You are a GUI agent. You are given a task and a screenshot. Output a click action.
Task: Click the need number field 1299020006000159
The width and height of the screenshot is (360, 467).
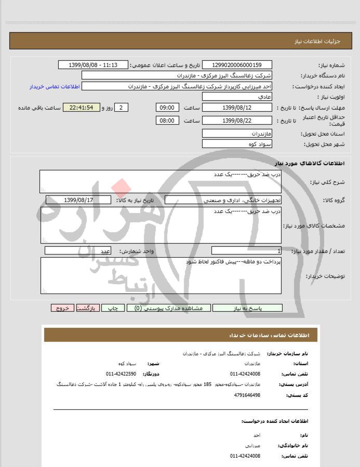[x=237, y=65]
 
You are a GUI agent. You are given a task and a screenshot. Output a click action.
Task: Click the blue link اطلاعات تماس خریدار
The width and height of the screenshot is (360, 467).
[x=54, y=86]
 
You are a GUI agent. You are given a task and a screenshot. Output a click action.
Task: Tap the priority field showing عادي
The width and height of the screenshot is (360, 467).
[x=237, y=97]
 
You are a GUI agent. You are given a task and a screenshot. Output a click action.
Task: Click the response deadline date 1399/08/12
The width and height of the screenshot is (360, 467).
[x=237, y=108]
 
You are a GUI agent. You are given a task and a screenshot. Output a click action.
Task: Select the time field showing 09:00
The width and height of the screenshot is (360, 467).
[x=167, y=108]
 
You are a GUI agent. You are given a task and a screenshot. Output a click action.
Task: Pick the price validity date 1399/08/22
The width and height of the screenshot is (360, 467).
[x=237, y=121]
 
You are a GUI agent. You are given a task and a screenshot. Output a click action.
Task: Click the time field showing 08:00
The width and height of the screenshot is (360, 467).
[x=167, y=121]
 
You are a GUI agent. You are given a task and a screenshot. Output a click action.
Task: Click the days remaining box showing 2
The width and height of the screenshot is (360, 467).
[x=121, y=108]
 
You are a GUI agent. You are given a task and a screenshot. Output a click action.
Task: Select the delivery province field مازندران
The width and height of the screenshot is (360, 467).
[x=237, y=134]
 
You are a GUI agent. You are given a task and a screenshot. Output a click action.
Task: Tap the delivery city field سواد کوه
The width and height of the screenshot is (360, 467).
[x=237, y=144]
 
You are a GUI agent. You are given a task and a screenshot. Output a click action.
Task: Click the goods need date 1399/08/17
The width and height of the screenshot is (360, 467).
[x=78, y=199]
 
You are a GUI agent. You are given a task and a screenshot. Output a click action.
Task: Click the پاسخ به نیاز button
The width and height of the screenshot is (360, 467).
[x=247, y=308]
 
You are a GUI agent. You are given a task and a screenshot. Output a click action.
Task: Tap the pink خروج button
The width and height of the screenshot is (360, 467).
[x=62, y=308]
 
